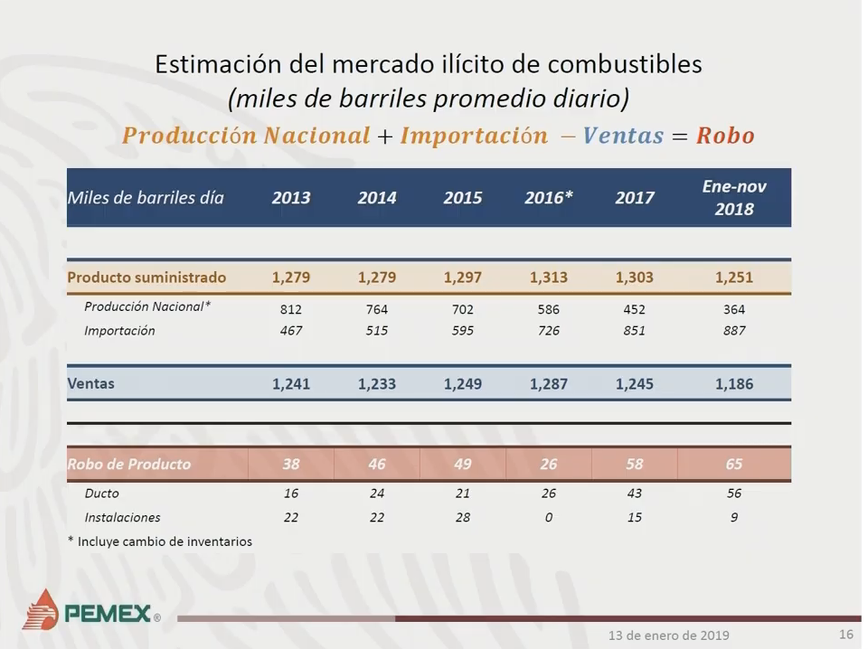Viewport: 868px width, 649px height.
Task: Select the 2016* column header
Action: [x=549, y=198]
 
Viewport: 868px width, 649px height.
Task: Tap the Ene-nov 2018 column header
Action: [x=734, y=198]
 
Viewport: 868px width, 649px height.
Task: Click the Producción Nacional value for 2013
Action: [x=290, y=309]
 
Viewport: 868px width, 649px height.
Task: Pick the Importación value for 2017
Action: [x=635, y=331]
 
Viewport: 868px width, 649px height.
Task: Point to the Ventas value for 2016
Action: [x=549, y=384]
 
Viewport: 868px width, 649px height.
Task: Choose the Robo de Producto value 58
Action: [x=635, y=464]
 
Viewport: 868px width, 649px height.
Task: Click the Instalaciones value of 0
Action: [x=549, y=517]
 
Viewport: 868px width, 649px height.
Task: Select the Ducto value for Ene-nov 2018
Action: [x=734, y=493]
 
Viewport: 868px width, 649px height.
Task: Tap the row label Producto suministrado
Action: [x=146, y=277]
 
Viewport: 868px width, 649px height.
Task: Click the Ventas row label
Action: [x=90, y=383]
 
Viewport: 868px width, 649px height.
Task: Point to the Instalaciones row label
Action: [x=122, y=517]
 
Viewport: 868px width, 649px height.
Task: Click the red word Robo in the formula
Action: [x=725, y=136]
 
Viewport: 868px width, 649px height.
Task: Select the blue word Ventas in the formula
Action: [x=623, y=136]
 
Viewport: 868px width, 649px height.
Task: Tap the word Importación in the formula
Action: [x=474, y=136]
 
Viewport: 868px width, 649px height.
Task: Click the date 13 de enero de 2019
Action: [x=669, y=635]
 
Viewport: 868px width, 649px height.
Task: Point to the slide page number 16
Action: [x=846, y=634]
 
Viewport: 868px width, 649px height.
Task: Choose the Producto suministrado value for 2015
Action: [x=463, y=277]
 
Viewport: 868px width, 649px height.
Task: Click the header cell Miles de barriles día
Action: [x=146, y=198]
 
